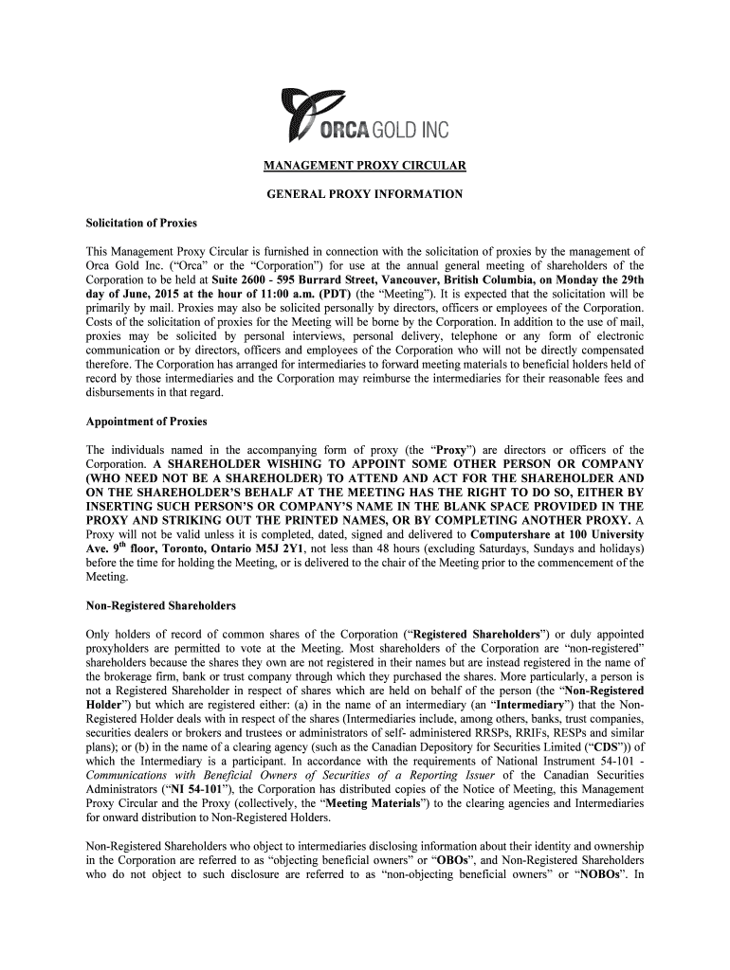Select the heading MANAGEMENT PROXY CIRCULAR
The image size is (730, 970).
coord(364,168)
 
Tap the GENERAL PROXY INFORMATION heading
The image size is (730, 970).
coord(364,194)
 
